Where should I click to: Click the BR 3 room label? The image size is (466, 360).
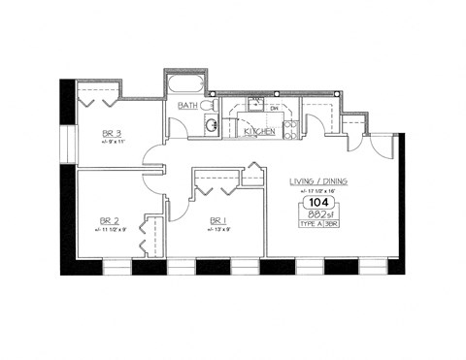(x=111, y=133)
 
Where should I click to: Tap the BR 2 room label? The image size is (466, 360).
(x=110, y=220)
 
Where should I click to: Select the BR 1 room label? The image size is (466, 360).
(x=217, y=220)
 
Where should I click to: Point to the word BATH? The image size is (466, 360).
(x=187, y=104)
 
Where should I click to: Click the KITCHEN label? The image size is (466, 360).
(x=259, y=131)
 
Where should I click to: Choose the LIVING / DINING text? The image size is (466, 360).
(x=318, y=181)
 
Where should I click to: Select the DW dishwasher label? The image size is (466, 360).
(x=274, y=108)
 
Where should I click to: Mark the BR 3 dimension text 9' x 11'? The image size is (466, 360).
(x=114, y=142)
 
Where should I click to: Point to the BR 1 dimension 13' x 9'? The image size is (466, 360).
(x=219, y=230)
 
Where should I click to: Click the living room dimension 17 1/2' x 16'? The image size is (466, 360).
(x=318, y=191)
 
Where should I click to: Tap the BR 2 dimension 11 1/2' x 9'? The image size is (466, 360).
(x=111, y=230)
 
